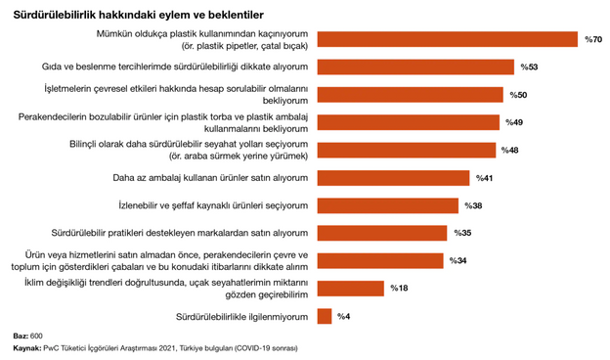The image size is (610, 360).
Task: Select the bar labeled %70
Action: coord(448,39)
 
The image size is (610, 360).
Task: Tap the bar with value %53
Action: coord(415,67)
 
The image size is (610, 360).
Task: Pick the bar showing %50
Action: coord(411,95)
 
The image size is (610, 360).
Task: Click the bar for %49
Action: coord(409,122)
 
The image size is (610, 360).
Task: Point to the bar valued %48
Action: coord(407,151)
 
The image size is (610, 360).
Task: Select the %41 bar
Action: coord(394,178)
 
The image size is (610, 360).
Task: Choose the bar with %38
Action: coord(388,205)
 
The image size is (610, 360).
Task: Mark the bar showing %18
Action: coord(351,289)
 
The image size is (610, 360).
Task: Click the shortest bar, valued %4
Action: coord(325,316)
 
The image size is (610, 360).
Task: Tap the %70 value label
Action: coord(592,40)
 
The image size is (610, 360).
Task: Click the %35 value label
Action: coord(462,234)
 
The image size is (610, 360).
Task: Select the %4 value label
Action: coord(344,317)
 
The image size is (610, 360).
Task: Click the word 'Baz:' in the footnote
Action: coord(21,337)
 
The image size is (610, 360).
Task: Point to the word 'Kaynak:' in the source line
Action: coord(26,347)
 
